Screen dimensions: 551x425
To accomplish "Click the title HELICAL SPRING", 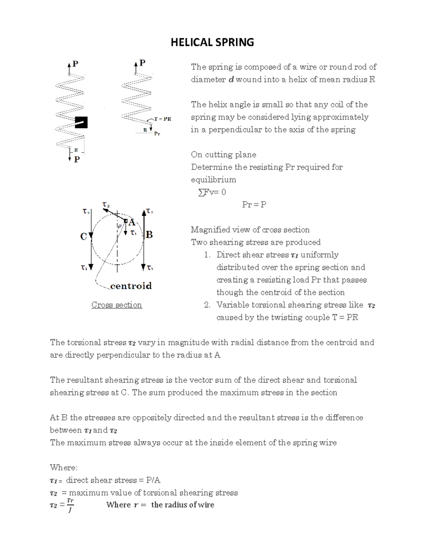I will tap(212, 43).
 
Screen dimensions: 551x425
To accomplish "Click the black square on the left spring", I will tap(81, 122).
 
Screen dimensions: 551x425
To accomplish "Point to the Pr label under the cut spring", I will tap(157, 134).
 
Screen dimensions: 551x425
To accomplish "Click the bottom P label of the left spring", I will tap(77, 159).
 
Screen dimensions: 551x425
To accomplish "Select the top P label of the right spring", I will tap(142, 63).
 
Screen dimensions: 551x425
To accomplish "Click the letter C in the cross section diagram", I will tap(84, 236).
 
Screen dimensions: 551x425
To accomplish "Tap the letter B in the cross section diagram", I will tap(149, 235).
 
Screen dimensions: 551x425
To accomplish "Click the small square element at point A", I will tap(125, 221).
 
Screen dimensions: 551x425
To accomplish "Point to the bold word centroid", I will tap(131, 286).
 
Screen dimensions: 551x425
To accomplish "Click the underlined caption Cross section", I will tap(117, 305).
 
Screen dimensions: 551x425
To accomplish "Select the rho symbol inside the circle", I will tap(120, 225).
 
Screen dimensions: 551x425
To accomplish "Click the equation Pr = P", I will tap(254, 205).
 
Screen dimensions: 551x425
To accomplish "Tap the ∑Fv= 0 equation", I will tap(212, 192).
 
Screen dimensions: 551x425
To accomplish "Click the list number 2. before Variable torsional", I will tap(207, 305).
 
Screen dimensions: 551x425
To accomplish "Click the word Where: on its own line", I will tap(64, 468).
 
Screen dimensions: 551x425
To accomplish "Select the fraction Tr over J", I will tap(70, 505).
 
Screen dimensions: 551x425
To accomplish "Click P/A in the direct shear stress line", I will tap(153, 480).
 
